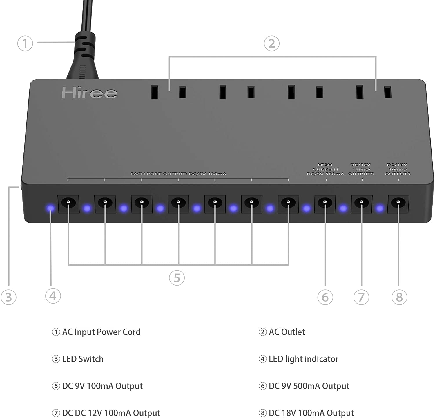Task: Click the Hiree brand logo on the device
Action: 89,93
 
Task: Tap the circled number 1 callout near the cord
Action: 25,43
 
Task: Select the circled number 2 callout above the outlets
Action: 271,43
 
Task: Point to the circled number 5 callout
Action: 177,277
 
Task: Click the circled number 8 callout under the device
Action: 399,297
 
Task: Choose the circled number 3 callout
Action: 8,297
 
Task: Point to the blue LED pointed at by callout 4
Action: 50,208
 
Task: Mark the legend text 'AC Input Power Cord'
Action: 101,332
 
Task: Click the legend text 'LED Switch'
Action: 83,359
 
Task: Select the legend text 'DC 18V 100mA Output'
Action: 311,413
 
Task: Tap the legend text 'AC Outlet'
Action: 287,332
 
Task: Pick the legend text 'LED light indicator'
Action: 303,359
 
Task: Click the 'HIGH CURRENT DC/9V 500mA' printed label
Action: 325,169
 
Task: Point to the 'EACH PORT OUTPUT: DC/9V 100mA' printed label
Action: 178,174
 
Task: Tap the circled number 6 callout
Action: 325,297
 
